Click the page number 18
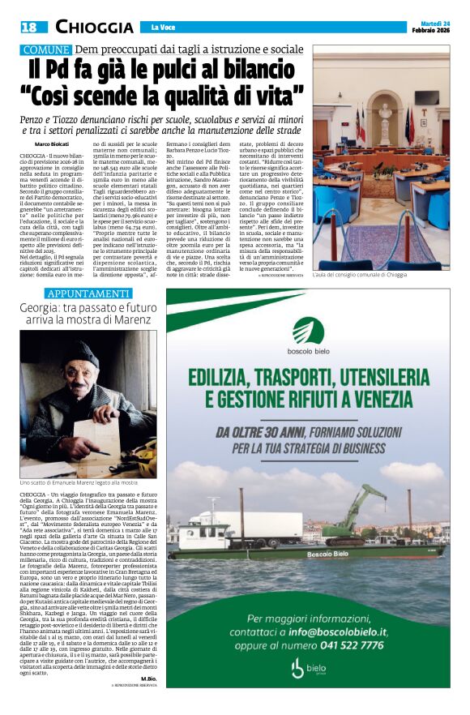pyautogui.click(x=29, y=27)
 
